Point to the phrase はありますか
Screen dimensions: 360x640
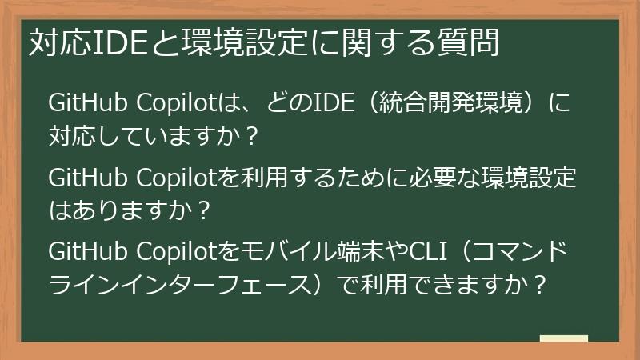(x=112, y=210)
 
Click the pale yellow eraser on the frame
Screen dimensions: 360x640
(x=563, y=338)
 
